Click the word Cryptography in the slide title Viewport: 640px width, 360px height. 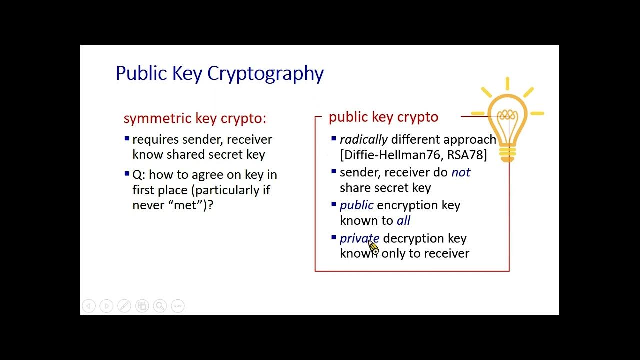pos(265,74)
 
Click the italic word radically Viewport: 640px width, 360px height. pos(363,140)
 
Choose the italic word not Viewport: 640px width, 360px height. pos(461,172)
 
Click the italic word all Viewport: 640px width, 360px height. pos(403,220)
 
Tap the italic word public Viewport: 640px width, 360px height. pos(356,205)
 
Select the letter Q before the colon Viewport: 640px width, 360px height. pos(137,175)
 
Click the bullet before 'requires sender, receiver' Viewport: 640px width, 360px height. pos(127,139)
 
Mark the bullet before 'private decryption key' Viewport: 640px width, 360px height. pos(334,237)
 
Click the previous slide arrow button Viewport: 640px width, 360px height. pos(89,306)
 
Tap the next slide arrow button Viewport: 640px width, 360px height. pos(106,306)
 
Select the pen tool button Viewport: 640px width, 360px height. pos(124,306)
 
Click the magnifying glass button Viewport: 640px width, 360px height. pos(160,306)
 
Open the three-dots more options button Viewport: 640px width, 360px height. pos(178,306)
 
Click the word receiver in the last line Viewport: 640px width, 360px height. pos(446,253)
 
